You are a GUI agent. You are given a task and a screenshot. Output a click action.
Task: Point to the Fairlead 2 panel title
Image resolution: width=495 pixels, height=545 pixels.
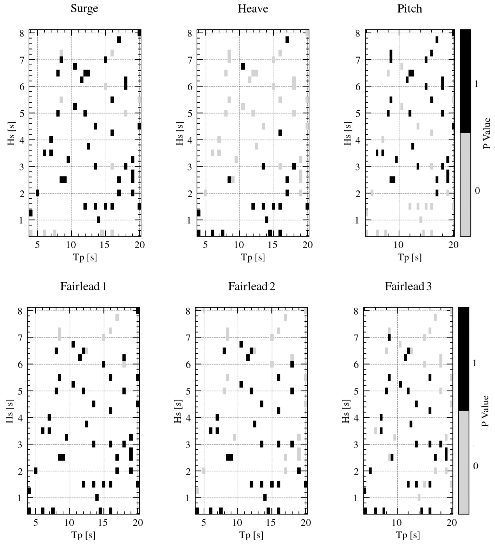pos(252,286)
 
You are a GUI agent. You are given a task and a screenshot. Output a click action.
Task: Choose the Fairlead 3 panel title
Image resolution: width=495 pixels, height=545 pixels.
pos(408,286)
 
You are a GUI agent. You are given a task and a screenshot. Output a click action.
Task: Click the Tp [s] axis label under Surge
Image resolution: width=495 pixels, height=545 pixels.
pos(85,257)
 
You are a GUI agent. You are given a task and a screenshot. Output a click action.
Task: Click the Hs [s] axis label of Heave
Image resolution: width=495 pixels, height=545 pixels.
pos(179,133)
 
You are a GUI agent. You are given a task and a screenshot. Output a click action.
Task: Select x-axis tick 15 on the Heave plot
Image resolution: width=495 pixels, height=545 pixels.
pos(273,245)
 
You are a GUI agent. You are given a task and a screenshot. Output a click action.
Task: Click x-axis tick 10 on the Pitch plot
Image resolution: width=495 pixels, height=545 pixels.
pos(399,245)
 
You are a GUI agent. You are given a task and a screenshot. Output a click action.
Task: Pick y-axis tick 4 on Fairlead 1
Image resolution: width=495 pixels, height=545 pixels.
pos(20,418)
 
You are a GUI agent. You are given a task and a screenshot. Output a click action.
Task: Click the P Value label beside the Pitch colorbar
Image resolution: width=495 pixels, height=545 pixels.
pos(487,133)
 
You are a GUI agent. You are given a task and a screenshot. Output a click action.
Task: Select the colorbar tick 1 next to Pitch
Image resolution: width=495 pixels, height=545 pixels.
pos(476,84)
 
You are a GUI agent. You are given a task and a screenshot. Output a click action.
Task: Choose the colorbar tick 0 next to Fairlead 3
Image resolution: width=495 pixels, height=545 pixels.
pos(475,466)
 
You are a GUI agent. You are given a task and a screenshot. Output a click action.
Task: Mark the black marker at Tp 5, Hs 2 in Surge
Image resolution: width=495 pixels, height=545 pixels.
pos(37,193)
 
